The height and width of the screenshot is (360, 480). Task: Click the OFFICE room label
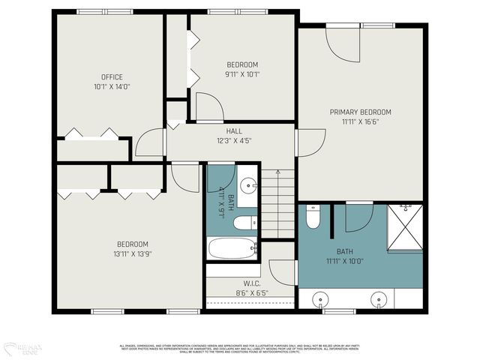[x=112, y=77]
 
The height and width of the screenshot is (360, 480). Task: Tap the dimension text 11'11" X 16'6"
[x=361, y=121]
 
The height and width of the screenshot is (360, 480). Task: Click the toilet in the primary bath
[x=313, y=215]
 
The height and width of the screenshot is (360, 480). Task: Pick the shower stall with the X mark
[x=405, y=226]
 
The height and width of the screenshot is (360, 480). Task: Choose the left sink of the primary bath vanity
[x=321, y=300]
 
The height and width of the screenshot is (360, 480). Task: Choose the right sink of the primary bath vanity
[x=379, y=300]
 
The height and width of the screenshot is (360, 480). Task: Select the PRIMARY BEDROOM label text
[x=361, y=112]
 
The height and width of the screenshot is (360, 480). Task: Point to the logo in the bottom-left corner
[x=22, y=348]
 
